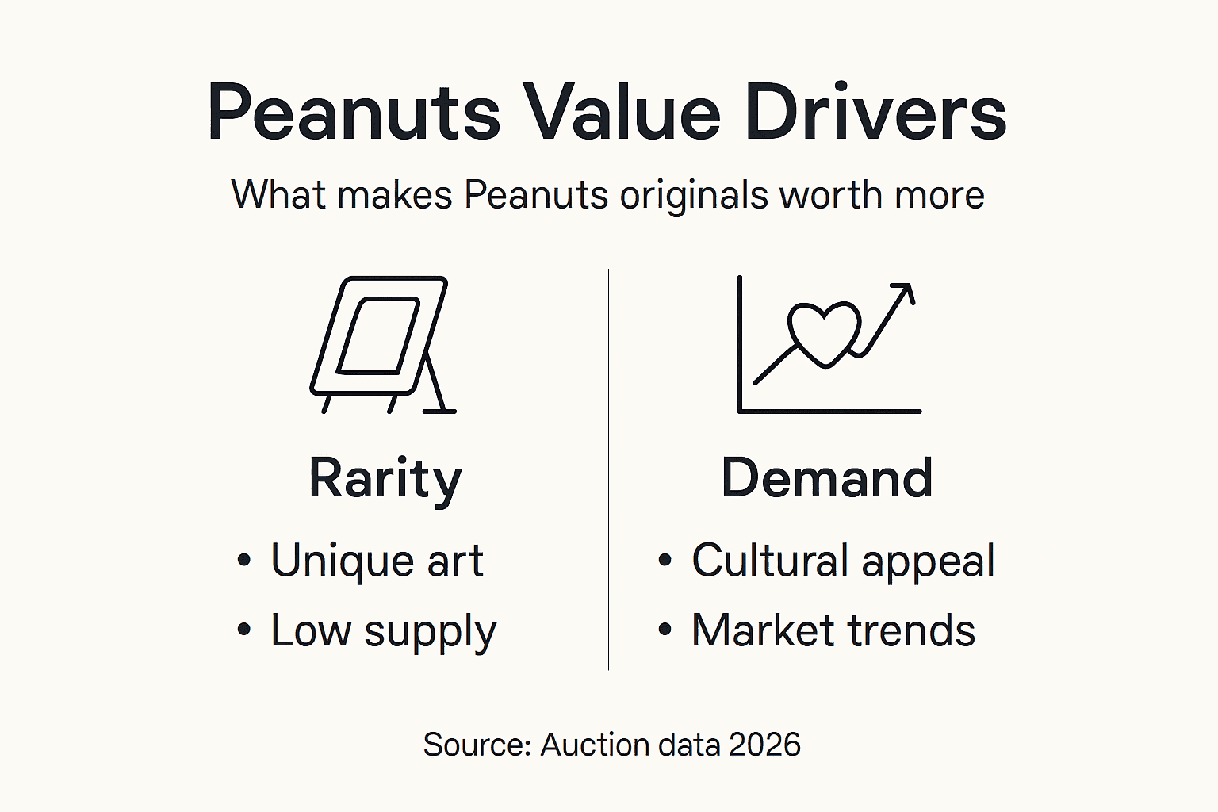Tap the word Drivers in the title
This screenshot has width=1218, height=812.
click(875, 113)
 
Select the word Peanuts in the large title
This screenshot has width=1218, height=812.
click(354, 113)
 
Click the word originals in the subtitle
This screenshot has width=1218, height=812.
click(694, 195)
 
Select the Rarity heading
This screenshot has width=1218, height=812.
click(385, 479)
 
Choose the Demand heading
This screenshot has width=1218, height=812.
click(826, 479)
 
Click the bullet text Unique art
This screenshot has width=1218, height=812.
click(377, 561)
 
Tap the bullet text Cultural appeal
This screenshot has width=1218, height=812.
click(843, 561)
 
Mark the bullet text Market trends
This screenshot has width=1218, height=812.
click(833, 631)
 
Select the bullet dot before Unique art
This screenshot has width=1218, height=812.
click(244, 561)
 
